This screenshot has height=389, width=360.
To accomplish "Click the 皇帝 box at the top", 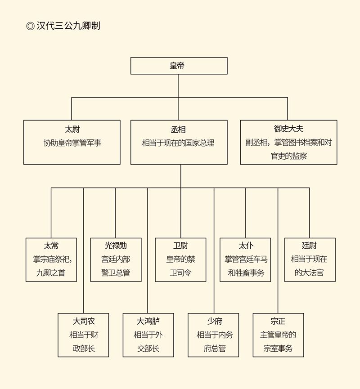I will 179,66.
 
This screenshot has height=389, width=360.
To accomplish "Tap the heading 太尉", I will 72,130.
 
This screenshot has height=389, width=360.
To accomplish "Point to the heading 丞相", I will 178,130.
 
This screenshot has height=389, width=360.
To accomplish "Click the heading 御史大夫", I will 288,129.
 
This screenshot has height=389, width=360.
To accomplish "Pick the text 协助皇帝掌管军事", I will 72,143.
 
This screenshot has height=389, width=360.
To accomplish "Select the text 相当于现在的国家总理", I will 178,143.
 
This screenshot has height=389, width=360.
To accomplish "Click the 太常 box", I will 51,259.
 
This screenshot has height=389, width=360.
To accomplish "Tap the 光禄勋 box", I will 116,259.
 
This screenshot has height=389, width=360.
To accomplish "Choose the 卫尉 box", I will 180,259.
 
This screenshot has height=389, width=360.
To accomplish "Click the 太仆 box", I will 245,259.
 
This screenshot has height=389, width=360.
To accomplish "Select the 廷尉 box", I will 310,259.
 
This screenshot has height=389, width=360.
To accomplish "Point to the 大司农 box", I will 84,335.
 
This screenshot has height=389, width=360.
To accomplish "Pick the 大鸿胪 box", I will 148,335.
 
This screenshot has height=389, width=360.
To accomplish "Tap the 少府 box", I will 213,335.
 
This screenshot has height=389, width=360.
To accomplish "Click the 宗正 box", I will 278,335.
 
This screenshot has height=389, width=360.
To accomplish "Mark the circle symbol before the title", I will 30,26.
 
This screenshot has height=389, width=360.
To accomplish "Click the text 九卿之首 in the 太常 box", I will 51,273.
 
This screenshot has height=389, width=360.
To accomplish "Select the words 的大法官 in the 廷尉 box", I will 309,273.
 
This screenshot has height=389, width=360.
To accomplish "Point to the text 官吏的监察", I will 288,156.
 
